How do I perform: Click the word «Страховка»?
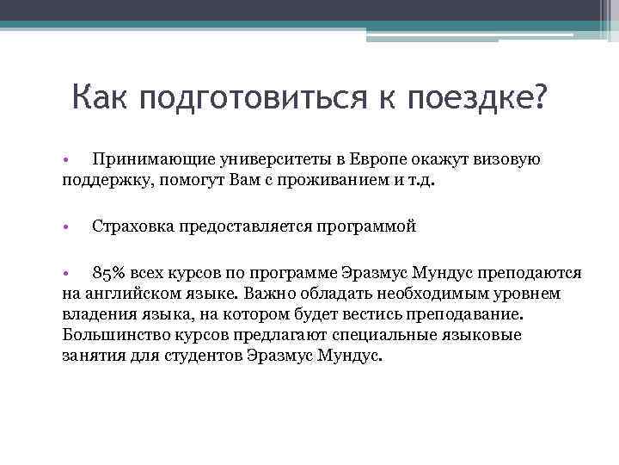pyautogui.click(x=133, y=227)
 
